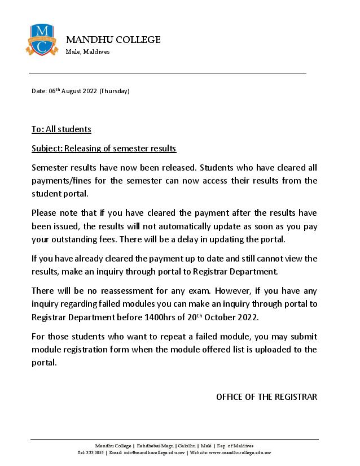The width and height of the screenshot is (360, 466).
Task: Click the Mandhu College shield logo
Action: click(x=42, y=40)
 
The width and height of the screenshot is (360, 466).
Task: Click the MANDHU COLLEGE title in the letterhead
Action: click(x=113, y=40)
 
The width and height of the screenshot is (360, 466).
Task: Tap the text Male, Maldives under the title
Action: click(x=87, y=52)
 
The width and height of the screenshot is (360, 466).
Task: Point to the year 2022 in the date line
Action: click(x=90, y=91)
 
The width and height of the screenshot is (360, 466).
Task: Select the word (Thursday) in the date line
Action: click(x=115, y=91)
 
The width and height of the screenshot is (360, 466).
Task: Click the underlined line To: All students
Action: click(x=61, y=129)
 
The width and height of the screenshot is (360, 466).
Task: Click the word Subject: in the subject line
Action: click(x=47, y=149)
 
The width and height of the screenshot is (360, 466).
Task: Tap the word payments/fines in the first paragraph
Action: click(x=60, y=181)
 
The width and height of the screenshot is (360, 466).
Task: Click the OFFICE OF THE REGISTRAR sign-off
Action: click(x=266, y=397)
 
